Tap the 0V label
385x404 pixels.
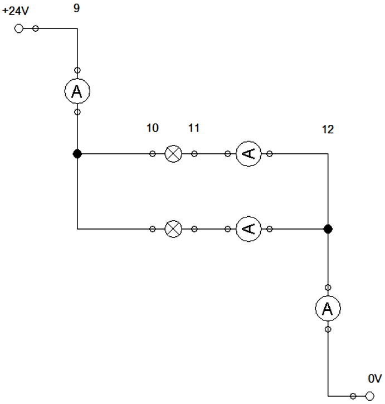pyautogui.click(x=374, y=379)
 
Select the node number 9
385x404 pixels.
pyautogui.click(x=77, y=8)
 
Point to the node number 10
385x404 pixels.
pyautogui.click(x=152, y=128)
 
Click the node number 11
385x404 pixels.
pyautogui.click(x=194, y=128)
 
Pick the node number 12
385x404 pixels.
pyautogui.click(x=328, y=129)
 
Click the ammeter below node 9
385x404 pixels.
pyautogui.click(x=77, y=91)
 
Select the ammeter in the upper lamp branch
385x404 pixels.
pyautogui.click(x=248, y=153)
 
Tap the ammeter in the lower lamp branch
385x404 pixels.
pyautogui.click(x=248, y=228)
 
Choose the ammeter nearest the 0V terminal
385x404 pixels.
pyautogui.click(x=328, y=308)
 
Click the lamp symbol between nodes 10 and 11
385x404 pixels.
pyautogui.click(x=174, y=153)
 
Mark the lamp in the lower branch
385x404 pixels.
pyautogui.click(x=174, y=228)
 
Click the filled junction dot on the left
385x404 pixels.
pyautogui.click(x=77, y=153)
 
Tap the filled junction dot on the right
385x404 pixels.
pyautogui.click(x=328, y=228)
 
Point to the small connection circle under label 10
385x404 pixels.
pyautogui.click(x=153, y=153)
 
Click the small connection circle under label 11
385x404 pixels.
pyautogui.click(x=194, y=153)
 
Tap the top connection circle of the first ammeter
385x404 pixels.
pyautogui.click(x=77, y=70)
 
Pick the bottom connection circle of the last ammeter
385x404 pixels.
pyautogui.click(x=328, y=329)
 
